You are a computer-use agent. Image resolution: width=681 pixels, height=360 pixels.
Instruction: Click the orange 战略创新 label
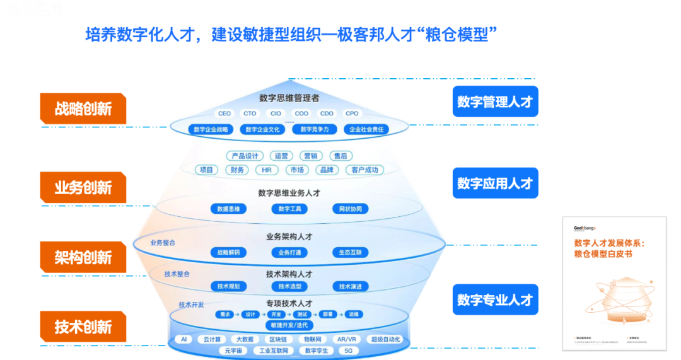tap(83, 109)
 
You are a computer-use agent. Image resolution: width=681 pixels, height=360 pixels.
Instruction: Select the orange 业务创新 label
tap(83, 188)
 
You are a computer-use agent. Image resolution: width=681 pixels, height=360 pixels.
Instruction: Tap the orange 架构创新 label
tap(83, 257)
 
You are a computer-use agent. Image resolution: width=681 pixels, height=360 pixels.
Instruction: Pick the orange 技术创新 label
tap(83, 327)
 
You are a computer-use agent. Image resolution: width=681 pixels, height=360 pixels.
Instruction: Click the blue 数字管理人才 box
tap(495, 102)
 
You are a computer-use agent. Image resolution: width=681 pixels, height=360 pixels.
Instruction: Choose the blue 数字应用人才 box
tap(495, 183)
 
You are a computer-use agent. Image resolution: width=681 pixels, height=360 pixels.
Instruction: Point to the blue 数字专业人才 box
tap(495, 299)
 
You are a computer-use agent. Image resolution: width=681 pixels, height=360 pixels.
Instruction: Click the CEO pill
tap(224, 113)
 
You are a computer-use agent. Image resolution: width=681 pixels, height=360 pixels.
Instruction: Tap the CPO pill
tap(352, 113)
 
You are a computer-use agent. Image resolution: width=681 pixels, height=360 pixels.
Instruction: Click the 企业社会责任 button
tap(366, 129)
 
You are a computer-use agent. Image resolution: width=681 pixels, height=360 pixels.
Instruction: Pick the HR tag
tap(266, 170)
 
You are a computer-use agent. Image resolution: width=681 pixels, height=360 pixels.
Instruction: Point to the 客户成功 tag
tap(365, 170)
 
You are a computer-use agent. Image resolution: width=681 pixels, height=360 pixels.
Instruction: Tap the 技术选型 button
tap(289, 286)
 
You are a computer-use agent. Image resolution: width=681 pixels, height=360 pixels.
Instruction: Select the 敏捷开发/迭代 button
tap(289, 325)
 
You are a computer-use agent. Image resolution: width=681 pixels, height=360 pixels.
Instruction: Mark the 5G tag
tap(349, 351)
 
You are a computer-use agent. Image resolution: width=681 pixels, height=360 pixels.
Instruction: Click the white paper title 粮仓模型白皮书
tap(602, 253)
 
